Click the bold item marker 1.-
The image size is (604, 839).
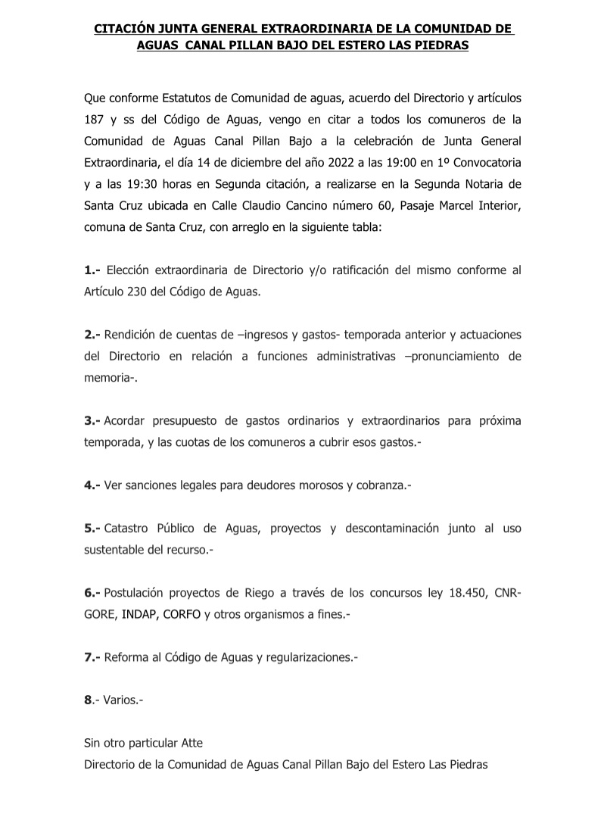click(92, 270)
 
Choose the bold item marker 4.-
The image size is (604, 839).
click(92, 485)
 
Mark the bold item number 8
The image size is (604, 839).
click(88, 700)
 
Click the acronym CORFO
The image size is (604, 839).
click(182, 614)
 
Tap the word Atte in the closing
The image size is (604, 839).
click(192, 744)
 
